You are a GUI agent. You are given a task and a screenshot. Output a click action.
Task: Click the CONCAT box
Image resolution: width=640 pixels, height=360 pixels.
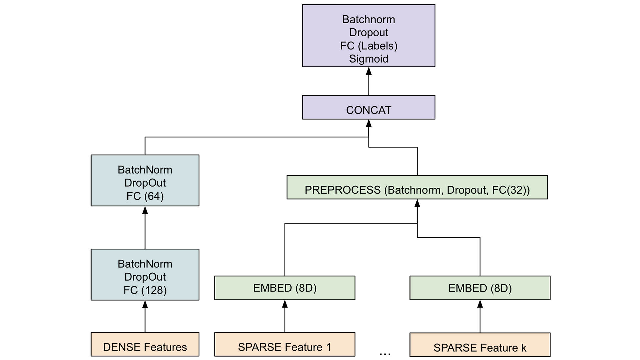point(368,108)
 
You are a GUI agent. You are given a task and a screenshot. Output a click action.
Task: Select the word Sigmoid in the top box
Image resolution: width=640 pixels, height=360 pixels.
point(368,59)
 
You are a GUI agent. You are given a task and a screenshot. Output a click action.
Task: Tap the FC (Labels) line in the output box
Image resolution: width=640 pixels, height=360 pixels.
point(368,46)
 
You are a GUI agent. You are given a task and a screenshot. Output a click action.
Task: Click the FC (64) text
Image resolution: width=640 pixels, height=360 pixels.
point(145,196)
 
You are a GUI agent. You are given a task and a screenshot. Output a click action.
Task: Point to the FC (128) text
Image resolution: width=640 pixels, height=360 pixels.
point(145,290)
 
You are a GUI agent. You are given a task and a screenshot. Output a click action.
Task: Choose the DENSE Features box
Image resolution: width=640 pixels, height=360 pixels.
point(145,344)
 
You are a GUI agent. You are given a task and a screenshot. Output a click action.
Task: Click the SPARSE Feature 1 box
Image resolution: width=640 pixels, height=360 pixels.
point(285,344)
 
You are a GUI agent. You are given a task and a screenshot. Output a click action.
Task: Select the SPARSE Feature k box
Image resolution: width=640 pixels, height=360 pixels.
point(480,345)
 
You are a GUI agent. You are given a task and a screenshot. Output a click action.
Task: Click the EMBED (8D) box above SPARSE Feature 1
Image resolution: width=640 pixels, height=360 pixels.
point(285,288)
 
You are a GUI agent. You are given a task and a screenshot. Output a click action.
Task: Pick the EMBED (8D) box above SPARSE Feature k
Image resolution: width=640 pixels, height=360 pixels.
point(480,288)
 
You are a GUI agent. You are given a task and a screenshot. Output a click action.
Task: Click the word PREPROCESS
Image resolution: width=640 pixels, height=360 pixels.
point(342,190)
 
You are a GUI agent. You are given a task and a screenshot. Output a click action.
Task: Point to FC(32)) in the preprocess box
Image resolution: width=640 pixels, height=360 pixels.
point(511,190)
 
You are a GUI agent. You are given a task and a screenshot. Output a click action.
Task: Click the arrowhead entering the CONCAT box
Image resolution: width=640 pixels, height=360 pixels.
point(368,124)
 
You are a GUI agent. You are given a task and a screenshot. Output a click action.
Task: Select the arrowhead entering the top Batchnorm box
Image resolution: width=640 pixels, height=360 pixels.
point(368,71)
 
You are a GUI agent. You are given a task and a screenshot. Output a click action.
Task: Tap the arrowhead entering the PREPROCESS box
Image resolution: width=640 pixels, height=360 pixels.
point(417,203)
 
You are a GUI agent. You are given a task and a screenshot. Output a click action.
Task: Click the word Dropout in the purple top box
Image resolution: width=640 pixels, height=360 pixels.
point(368,33)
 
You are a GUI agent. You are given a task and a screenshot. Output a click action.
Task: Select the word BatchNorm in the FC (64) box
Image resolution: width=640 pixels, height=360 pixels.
point(145,170)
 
